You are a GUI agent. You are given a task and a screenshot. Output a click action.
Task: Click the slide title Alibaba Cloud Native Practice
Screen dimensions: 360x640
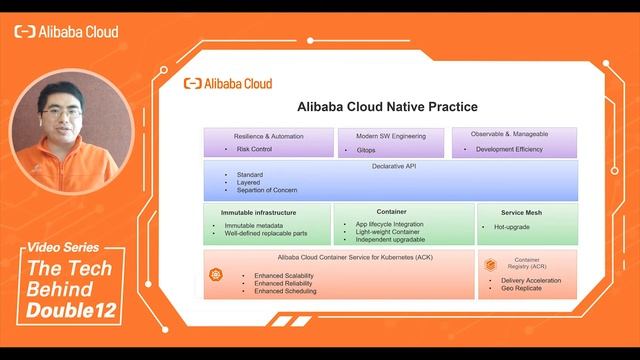point(387,106)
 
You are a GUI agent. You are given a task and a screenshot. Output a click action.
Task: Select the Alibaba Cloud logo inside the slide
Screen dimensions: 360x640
point(228,84)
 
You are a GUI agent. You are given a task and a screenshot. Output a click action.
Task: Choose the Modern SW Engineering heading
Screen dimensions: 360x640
point(389,136)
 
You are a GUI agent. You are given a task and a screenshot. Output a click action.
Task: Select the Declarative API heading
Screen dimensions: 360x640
point(389,166)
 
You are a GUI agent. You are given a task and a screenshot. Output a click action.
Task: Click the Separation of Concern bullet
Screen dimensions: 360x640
point(267,190)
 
